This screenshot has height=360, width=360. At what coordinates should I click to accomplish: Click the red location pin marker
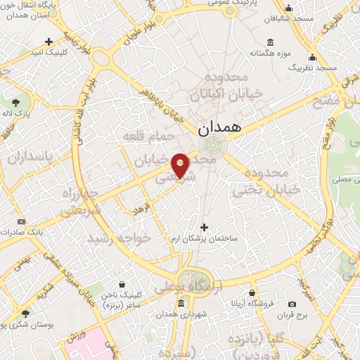click(x=180, y=165)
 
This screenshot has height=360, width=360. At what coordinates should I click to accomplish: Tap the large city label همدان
click(x=219, y=129)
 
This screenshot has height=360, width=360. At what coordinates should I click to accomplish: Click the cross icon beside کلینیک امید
click(x=49, y=41)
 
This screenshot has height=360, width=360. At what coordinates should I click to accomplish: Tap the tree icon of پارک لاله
click(x=16, y=103)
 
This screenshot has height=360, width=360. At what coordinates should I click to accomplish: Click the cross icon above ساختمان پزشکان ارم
click(x=205, y=227)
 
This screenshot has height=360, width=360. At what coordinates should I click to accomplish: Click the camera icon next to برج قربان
click(x=292, y=304)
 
